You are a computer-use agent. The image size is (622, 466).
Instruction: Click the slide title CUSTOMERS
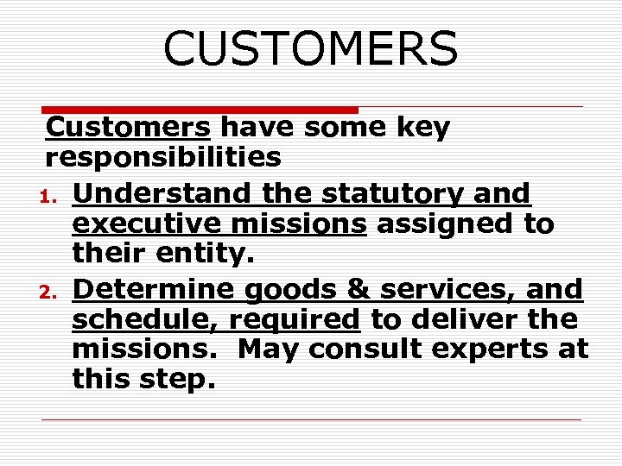(310, 48)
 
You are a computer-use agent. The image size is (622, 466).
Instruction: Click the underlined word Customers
(128, 128)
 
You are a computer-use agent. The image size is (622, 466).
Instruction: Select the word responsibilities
(163, 158)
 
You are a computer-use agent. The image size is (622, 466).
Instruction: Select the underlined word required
(294, 320)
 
